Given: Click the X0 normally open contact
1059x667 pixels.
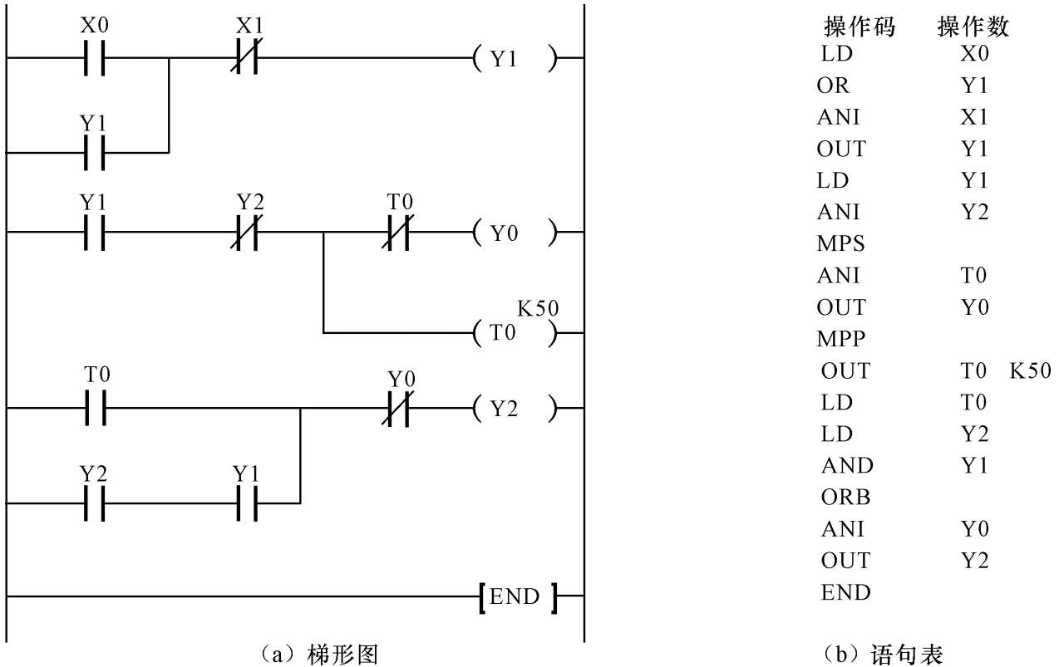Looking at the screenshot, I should [x=95, y=58].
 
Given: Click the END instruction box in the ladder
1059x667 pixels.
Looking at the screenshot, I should [x=516, y=596].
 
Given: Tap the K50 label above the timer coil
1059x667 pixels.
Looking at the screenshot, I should [x=538, y=309].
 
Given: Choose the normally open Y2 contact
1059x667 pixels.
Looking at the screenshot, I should [x=95, y=503].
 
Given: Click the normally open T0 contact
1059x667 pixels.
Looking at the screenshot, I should [x=95, y=408].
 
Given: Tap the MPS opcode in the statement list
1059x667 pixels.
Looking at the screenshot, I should [x=841, y=244].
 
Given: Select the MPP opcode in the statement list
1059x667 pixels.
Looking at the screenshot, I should [x=841, y=339].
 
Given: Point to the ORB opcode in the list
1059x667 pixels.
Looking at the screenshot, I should [x=845, y=497].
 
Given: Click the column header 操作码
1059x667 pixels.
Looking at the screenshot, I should [x=860, y=27].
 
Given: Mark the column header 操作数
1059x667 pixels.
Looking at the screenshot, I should [x=973, y=27].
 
